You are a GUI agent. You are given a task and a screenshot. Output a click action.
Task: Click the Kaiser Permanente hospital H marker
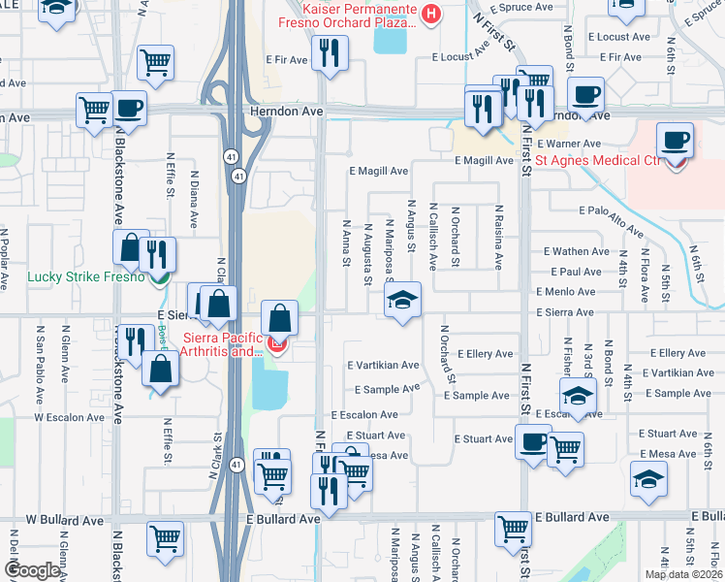point(430,13)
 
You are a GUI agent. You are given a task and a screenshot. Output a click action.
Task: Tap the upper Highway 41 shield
point(237,176)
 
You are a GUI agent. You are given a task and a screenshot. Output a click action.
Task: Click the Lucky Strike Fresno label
point(85,276)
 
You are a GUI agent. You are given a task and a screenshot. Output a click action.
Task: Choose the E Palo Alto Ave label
point(611,221)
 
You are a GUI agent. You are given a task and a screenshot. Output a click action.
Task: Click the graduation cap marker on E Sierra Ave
point(403,301)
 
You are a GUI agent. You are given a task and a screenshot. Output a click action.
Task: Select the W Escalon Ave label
point(70,417)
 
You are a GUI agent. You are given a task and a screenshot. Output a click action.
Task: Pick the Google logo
point(32,570)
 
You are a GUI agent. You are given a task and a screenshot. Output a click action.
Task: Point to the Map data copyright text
point(683,574)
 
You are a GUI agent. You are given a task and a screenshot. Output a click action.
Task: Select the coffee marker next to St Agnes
point(676,142)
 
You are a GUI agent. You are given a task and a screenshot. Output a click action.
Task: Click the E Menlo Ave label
point(565,292)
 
